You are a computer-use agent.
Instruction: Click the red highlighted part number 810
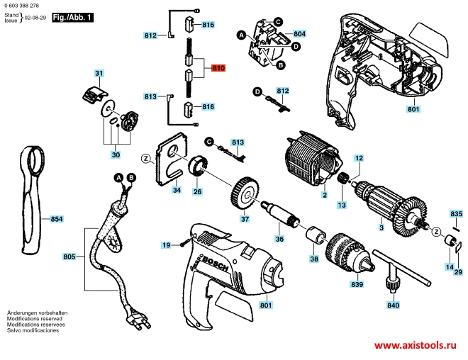(x=218, y=69)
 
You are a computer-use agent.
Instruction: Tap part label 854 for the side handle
(x=57, y=220)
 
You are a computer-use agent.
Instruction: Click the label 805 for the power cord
(x=69, y=256)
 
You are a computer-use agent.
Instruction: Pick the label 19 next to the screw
(x=166, y=245)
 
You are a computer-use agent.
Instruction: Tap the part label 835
(x=457, y=213)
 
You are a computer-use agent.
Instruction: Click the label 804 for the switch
(x=299, y=34)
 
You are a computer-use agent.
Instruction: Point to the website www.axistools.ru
(x=413, y=345)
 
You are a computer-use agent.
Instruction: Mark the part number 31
(x=99, y=74)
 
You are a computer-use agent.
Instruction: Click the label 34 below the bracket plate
(x=177, y=190)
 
